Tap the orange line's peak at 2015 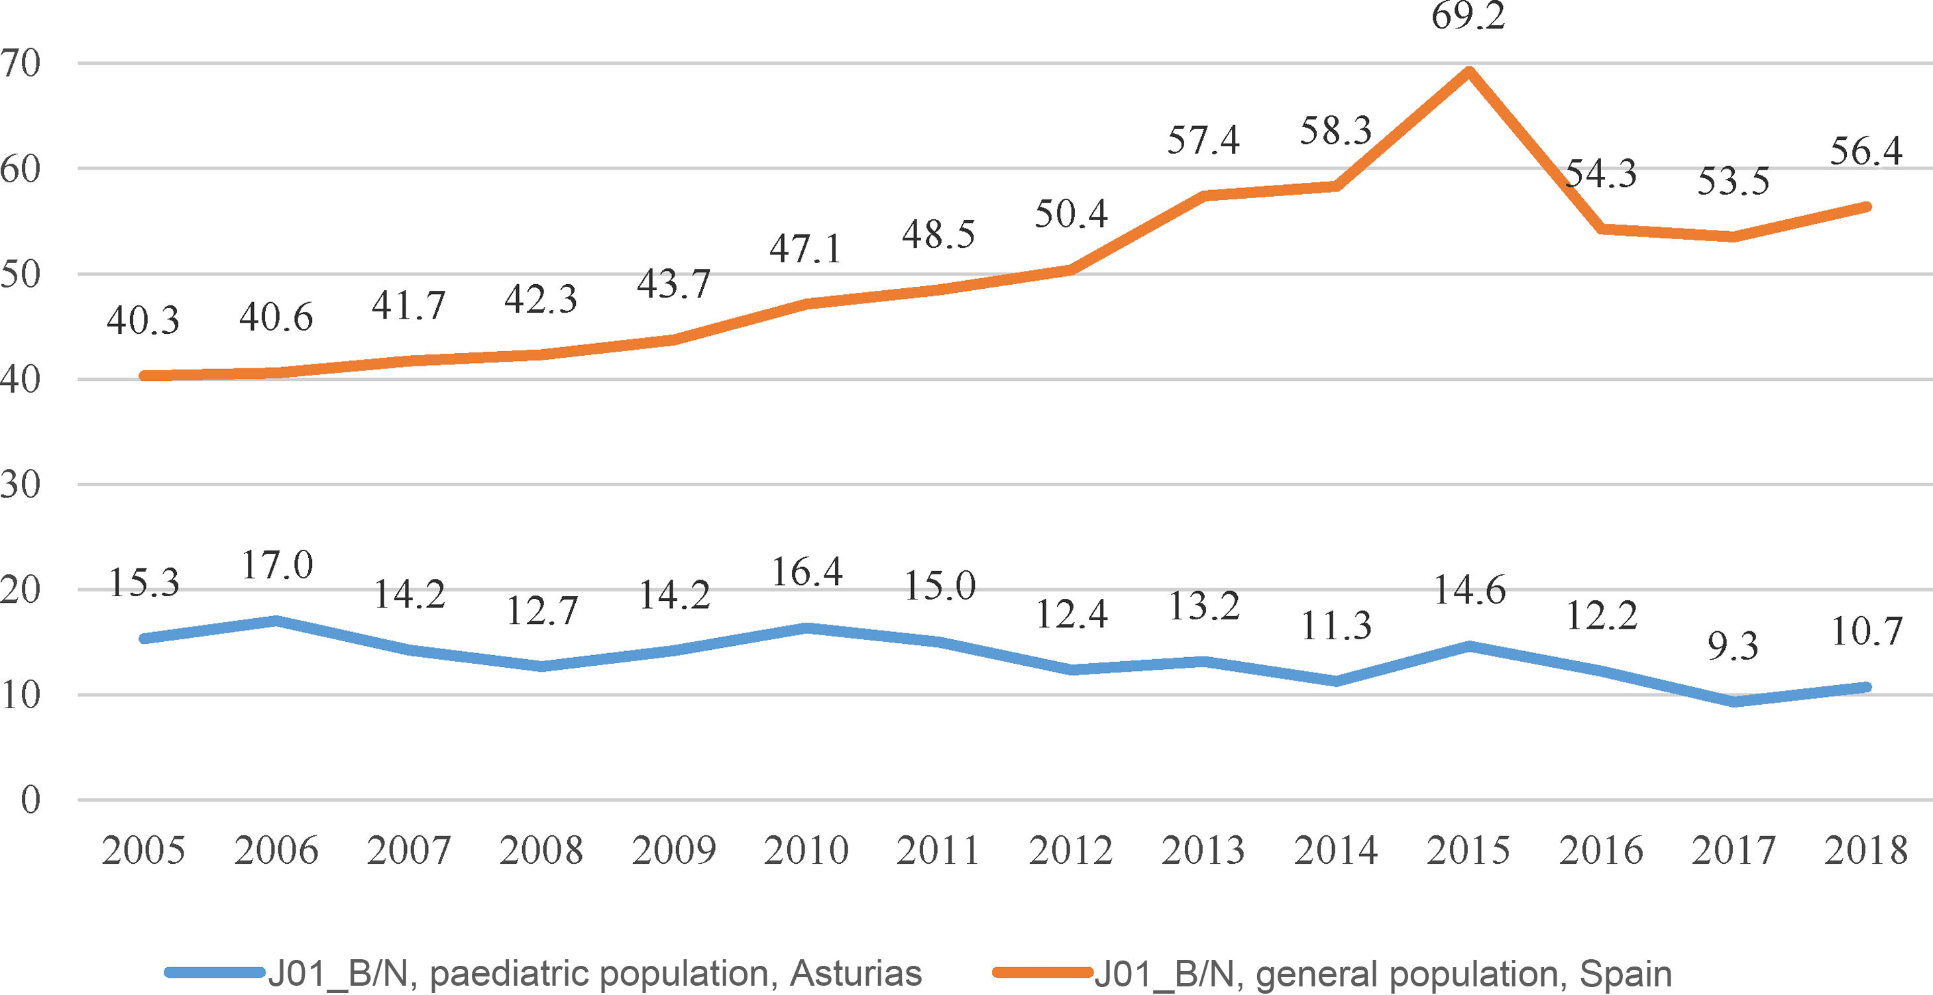point(1468,72)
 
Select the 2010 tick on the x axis point(806,850)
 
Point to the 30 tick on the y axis point(21,485)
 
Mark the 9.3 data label point(1733,645)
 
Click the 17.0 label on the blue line point(276,564)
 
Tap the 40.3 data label point(142,321)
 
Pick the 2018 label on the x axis point(1865,850)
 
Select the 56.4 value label point(1865,151)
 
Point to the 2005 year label point(142,850)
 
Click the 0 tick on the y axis point(30,800)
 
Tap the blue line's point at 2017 point(1734,702)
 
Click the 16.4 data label point(806,572)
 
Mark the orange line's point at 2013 point(1203,196)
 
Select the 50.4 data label point(1071,214)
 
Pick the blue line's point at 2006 point(276,621)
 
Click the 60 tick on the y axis point(21,169)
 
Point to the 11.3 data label point(1336,625)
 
